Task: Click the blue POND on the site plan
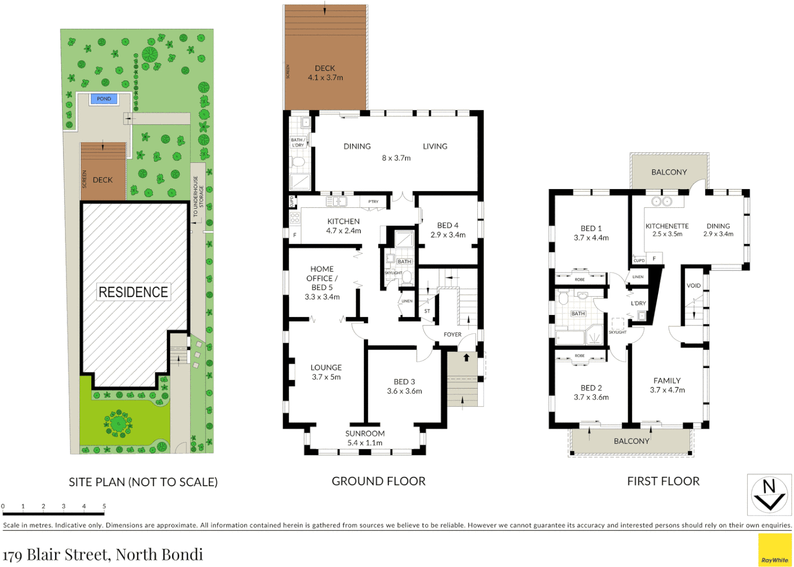104,99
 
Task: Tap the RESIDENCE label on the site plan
133,292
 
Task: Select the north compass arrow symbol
769,495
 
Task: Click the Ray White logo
775,550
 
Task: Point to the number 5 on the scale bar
104,506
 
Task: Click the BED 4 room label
447,225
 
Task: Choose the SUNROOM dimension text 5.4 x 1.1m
365,443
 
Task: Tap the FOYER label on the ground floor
452,334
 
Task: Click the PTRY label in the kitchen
373,202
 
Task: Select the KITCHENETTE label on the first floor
667,226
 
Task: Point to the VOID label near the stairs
694,286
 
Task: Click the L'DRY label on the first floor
638,303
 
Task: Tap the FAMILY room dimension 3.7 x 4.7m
667,390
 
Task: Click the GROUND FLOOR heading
379,481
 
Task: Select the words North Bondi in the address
159,554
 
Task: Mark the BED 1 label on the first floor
591,228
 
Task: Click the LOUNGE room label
326,367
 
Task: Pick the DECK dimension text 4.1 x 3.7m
326,78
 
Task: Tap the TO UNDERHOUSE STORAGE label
198,196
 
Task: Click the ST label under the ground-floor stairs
427,311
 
